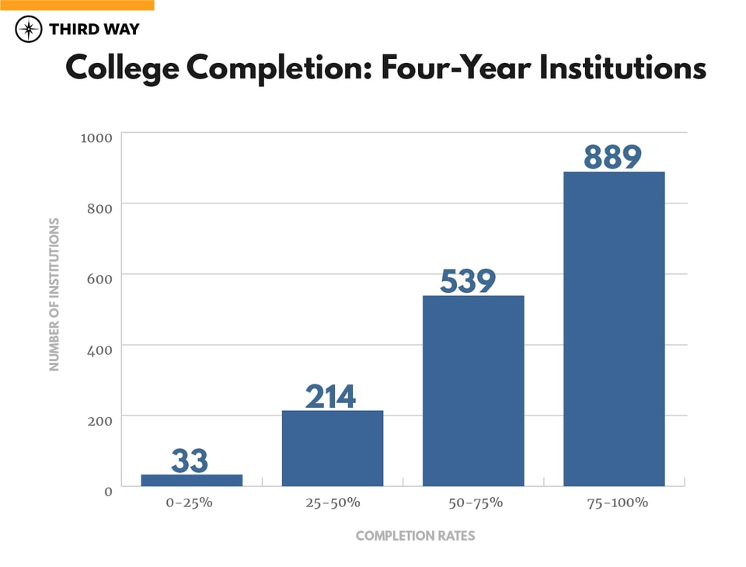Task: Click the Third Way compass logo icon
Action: click(30, 30)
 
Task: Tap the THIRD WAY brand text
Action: click(93, 30)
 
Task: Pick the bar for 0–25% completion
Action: click(191, 481)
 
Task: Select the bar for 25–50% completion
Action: click(332, 448)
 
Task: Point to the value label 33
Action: click(190, 461)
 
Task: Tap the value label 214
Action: click(330, 396)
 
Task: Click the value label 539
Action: click(468, 281)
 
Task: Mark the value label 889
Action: click(612, 157)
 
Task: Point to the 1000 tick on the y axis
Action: click(96, 137)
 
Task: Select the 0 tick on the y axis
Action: click(108, 491)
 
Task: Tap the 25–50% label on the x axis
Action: click(332, 503)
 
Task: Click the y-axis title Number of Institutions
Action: click(54, 294)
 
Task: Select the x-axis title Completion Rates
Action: click(415, 536)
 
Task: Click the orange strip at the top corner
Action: click(77, 5)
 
